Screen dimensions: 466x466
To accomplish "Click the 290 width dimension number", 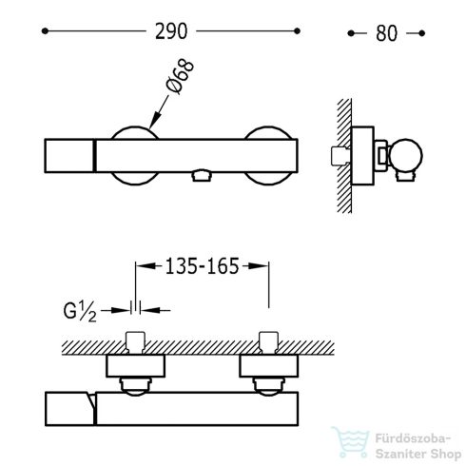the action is point(171,31).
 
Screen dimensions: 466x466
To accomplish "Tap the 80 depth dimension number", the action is point(386,33).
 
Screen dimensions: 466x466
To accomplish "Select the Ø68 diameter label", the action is point(180,76).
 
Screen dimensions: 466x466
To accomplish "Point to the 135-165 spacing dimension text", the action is point(202,266).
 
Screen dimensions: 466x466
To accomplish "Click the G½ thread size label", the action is point(80,311).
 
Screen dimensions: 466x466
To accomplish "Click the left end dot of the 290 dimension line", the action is point(45,31).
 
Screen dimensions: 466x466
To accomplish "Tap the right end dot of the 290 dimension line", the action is point(297,31).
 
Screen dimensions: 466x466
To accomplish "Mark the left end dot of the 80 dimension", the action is point(351,33).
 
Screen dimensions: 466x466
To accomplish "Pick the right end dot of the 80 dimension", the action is point(421,33).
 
